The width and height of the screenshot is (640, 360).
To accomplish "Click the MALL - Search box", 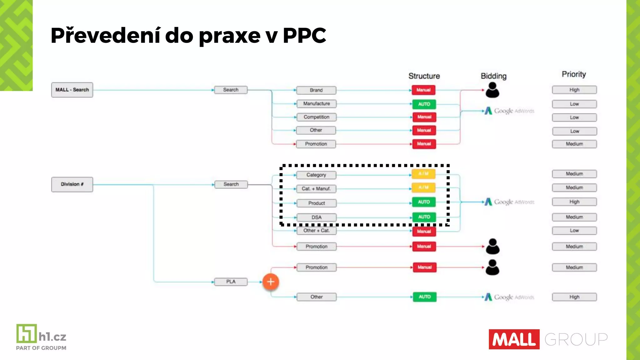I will [72, 90].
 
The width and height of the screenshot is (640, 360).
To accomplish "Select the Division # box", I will [72, 184].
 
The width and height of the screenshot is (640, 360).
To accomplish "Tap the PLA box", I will [231, 282].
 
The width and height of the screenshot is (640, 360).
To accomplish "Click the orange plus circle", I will [271, 282].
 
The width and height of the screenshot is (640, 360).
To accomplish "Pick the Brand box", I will [316, 90].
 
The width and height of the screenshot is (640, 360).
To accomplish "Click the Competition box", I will [316, 117].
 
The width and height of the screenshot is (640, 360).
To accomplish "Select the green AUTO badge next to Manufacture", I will [424, 104].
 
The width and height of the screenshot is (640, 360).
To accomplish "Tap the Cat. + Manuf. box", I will [316, 189].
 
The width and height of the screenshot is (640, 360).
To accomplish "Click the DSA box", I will [316, 217].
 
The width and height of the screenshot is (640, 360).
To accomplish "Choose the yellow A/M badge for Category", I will [423, 174].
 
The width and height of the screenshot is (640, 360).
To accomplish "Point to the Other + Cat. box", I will [316, 231].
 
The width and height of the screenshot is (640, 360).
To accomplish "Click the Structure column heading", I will [424, 76].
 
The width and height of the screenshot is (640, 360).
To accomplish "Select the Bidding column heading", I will [493, 76].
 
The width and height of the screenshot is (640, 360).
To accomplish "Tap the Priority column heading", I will [574, 74].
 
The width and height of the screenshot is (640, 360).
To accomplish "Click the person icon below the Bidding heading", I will [492, 90].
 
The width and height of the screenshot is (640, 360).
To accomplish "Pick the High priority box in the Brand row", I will [574, 90].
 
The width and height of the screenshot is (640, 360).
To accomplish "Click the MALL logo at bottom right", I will [514, 339].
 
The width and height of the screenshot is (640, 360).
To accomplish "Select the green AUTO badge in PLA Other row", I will [424, 297].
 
